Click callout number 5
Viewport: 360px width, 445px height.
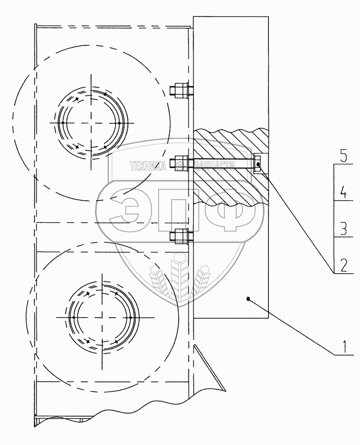pyautogui.click(x=343, y=157)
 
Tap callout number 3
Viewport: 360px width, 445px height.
pyautogui.click(x=343, y=229)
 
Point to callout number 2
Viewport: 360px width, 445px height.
pyautogui.click(x=343, y=266)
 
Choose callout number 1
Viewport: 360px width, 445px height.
pyautogui.click(x=345, y=347)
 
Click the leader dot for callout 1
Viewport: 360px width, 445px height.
pyautogui.click(x=248, y=299)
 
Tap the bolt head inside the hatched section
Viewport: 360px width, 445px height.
pyautogui.click(x=257, y=164)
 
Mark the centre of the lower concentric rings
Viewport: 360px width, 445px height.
pyautogui.click(x=102, y=317)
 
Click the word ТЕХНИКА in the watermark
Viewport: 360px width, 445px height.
pyautogui.click(x=148, y=166)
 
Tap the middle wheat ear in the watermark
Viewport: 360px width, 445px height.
pyautogui.click(x=179, y=275)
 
